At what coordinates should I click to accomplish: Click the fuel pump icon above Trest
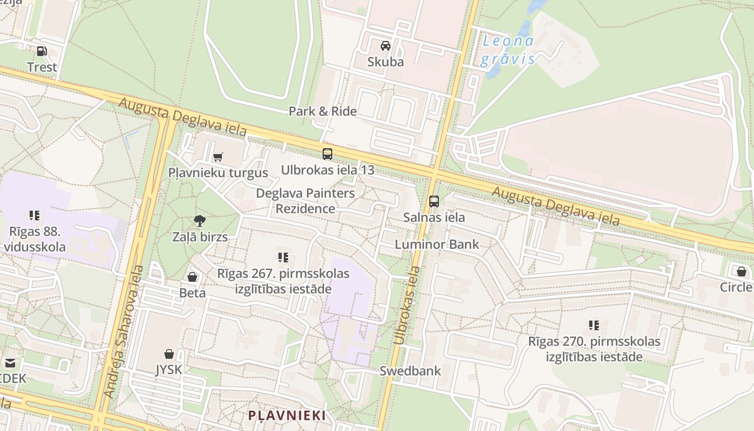pos(41,51)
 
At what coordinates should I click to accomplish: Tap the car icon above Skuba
pos(386,46)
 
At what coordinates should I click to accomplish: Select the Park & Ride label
pos(323,112)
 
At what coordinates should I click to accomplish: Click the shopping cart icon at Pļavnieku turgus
pos(218,157)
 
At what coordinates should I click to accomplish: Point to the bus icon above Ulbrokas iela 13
pos(327,154)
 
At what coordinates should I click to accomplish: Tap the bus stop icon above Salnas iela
pos(434,201)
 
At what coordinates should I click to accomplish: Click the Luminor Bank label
pos(437,244)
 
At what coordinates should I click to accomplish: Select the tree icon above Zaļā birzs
pos(199,220)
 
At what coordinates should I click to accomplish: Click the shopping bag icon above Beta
pos(192,277)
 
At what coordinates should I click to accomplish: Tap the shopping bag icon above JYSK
pos(169,354)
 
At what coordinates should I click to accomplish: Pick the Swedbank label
pos(410,371)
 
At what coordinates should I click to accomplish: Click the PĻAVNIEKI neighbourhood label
pos(287,415)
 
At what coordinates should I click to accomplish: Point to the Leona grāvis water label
pos(507,50)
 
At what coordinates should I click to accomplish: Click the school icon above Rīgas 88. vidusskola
pos(34,215)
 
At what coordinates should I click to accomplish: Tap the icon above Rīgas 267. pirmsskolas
pos(283,258)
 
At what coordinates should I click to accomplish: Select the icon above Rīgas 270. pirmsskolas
pos(594,325)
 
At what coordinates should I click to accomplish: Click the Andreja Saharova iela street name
pos(124,331)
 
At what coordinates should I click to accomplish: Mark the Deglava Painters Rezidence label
pos(305,200)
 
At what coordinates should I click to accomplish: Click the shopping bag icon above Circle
pos(741,271)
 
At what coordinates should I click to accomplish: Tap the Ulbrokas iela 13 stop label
pos(327,170)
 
